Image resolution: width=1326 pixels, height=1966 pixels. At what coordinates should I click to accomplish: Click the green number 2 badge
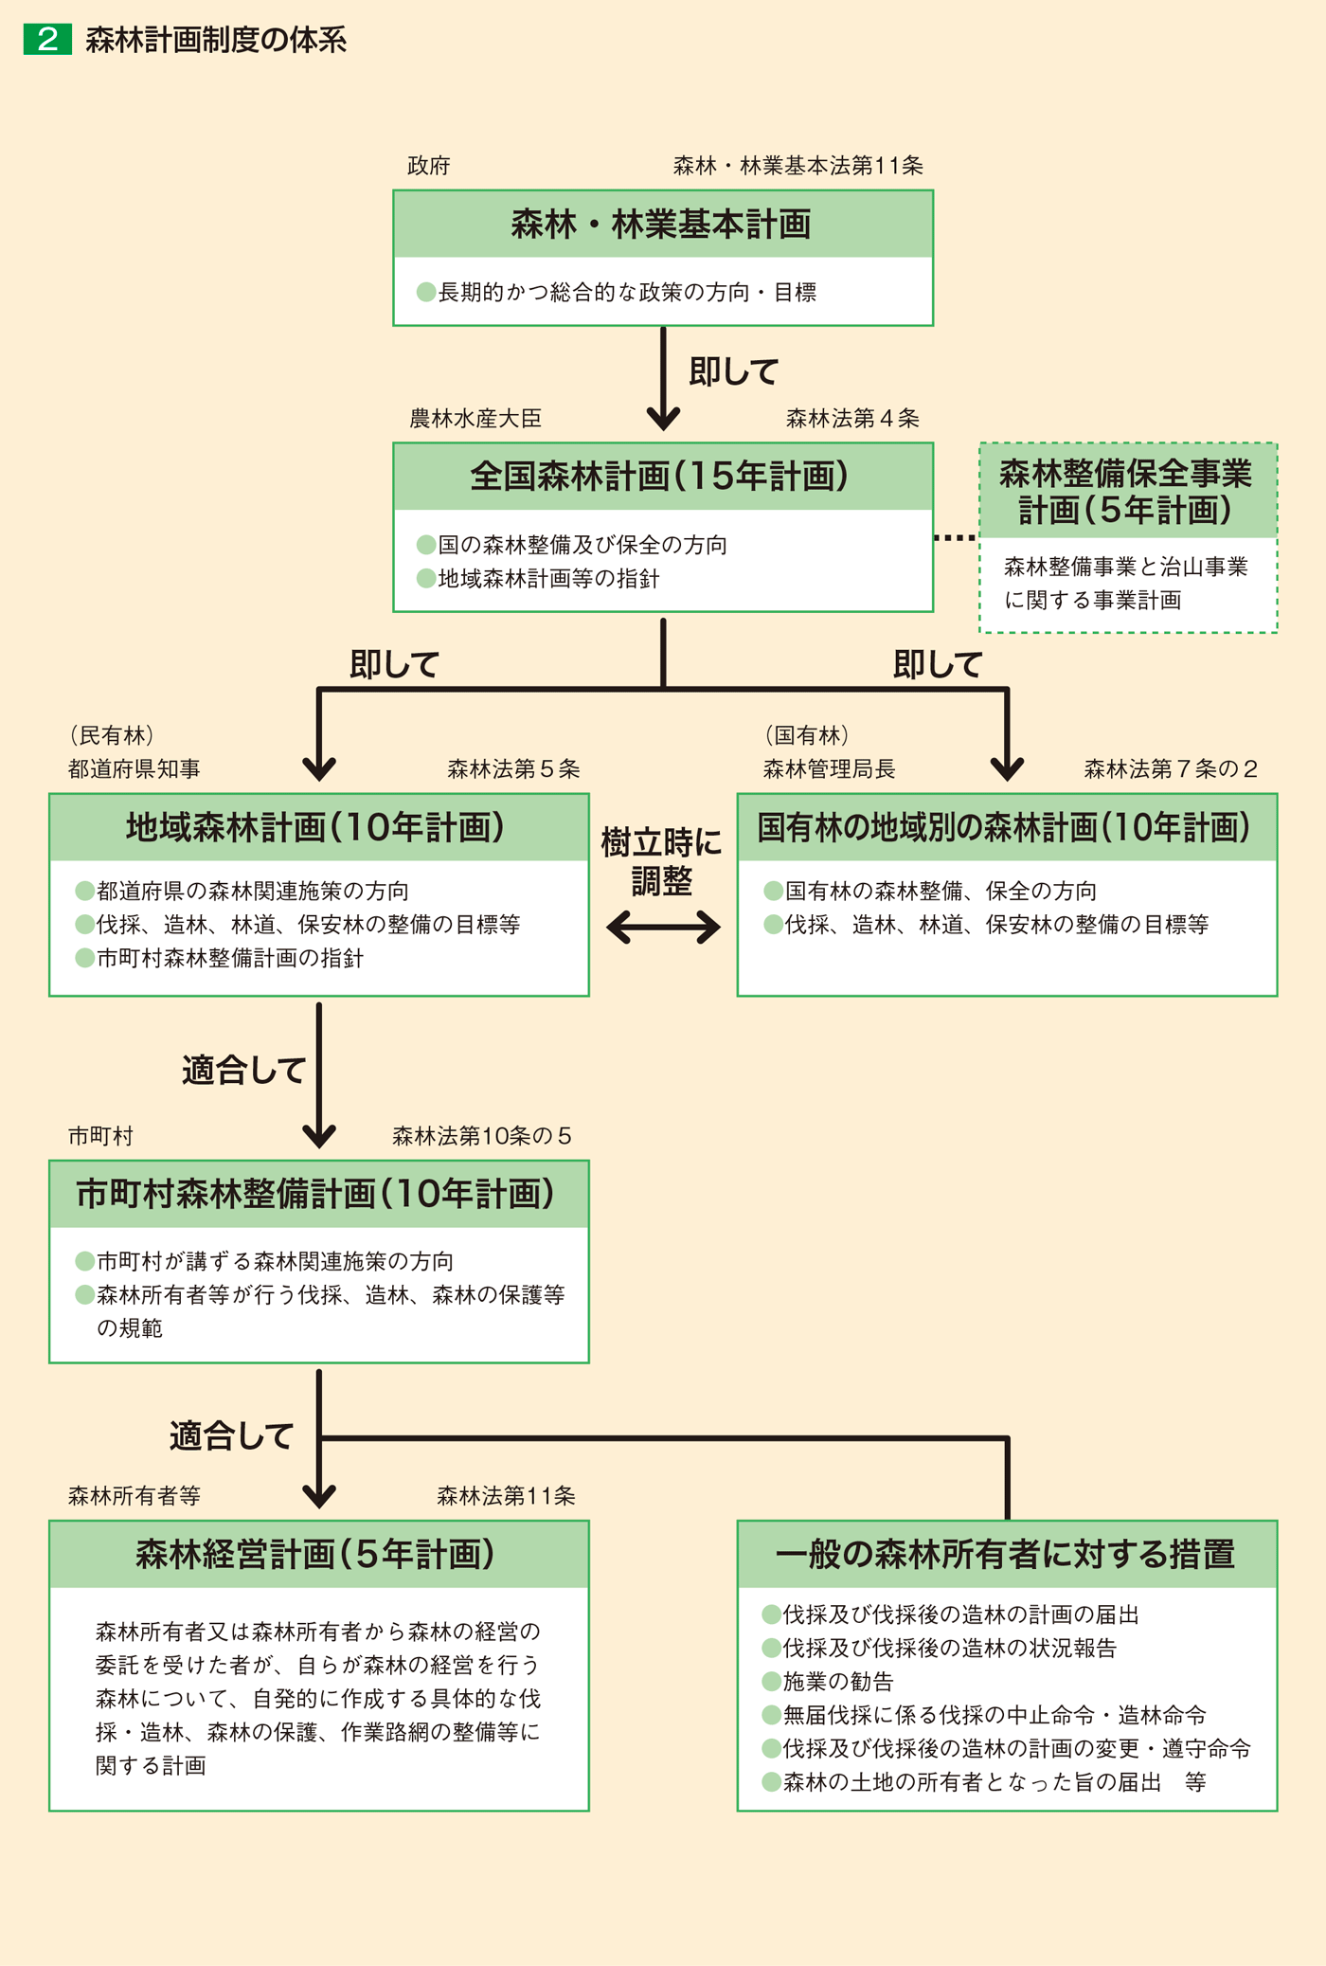(x=47, y=40)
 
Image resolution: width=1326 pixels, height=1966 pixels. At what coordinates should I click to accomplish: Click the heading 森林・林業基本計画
(x=661, y=225)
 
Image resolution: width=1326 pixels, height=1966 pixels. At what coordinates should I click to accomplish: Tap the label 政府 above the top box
(x=428, y=166)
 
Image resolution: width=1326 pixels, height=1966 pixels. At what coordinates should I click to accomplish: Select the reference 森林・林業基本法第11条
(x=797, y=166)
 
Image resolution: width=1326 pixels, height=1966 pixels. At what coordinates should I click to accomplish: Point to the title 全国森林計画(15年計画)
(x=660, y=476)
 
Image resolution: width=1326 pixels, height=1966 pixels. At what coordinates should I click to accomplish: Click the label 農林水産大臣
(x=475, y=419)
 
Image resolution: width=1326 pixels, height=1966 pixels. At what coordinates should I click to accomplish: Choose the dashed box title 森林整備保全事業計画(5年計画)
(x=1126, y=492)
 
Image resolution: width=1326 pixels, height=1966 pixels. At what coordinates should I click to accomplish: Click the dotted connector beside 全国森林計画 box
(x=955, y=538)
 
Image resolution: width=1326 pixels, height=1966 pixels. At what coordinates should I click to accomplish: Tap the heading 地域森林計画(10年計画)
(x=316, y=827)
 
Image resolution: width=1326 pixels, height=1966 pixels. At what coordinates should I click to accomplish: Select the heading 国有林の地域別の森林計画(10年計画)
(x=1005, y=827)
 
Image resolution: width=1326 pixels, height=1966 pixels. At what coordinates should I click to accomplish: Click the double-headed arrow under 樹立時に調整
(x=663, y=927)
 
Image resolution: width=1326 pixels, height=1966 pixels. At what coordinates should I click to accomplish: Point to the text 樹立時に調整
(x=661, y=862)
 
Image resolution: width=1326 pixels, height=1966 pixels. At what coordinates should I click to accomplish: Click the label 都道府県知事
(x=134, y=768)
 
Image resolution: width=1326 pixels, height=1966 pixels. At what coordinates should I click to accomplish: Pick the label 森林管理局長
(x=829, y=768)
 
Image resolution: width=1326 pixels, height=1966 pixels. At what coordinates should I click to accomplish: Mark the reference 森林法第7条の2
(x=1170, y=768)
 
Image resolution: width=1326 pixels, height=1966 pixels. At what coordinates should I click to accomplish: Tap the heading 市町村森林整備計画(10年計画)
(x=316, y=1194)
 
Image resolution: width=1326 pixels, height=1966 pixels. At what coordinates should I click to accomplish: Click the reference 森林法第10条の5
(x=481, y=1136)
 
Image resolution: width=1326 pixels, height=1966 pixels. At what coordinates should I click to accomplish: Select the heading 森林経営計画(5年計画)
(x=316, y=1554)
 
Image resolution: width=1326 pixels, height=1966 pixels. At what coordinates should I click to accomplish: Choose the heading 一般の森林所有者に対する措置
(x=1005, y=1554)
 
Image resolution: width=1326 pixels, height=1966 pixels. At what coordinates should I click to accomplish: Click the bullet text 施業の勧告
(x=838, y=1681)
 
